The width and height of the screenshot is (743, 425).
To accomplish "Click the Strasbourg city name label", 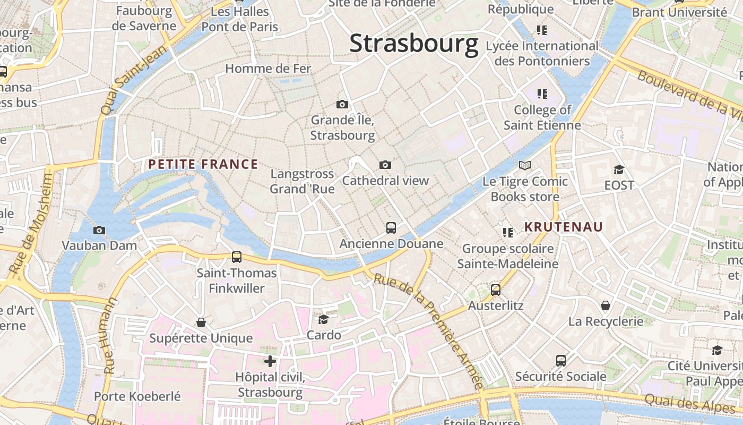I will point(413,44).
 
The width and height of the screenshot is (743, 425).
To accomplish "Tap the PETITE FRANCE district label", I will point(203,165).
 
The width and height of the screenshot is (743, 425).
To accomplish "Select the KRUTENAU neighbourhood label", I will point(564,227).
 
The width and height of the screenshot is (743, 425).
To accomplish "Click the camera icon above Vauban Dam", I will point(99,230).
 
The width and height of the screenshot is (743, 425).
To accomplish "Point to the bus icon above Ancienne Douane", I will point(391,228).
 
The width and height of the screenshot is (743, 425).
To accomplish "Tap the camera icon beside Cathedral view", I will point(385,165).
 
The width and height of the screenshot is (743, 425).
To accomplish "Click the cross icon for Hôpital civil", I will point(270,362).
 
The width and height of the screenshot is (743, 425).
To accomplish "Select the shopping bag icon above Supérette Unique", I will point(201,322).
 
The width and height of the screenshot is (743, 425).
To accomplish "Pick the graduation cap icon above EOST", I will point(619,169).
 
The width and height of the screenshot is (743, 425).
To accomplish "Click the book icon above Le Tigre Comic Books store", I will point(525,166).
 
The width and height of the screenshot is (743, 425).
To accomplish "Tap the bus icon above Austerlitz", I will point(496,290).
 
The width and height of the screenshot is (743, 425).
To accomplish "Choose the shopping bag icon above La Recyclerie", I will point(606,305).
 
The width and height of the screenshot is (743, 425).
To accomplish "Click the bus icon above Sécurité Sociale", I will point(561,361).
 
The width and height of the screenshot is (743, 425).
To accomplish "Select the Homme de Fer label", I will point(269,69).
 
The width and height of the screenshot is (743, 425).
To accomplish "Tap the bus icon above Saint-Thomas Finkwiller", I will point(237,257).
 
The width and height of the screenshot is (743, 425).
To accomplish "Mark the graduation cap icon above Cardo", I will point(323,319).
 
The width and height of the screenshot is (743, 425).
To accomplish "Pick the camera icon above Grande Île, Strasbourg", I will point(342,105).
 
